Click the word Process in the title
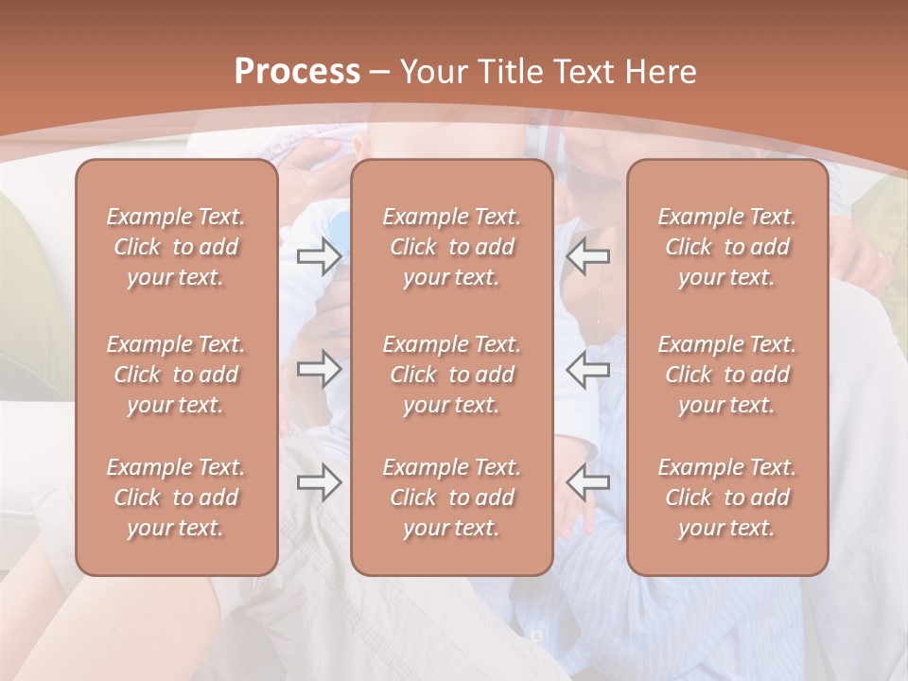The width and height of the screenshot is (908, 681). pos(297,72)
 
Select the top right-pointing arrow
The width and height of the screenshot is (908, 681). pos(320,255)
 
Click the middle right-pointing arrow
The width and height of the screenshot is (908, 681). pos(320,370)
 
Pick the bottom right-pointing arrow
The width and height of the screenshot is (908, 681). pos(320,482)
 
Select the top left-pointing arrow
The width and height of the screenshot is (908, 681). pos(588,255)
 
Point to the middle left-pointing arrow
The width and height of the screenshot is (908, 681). pos(588,370)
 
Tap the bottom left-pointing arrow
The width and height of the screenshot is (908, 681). pos(588,482)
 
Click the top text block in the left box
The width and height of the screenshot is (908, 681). pos(176,247)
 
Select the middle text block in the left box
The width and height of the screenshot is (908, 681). pos(176,375)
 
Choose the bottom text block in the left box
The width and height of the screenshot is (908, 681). pos(176,498)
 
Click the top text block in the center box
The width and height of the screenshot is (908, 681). pos(452,247)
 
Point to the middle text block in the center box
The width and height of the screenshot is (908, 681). pos(452,375)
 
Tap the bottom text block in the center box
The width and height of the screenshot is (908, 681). pos(452,498)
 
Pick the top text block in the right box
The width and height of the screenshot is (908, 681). pos(727,247)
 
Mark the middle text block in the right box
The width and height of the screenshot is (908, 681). pos(727,375)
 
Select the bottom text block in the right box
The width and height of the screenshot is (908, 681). pos(727,498)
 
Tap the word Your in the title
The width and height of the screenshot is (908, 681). pos(431,72)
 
